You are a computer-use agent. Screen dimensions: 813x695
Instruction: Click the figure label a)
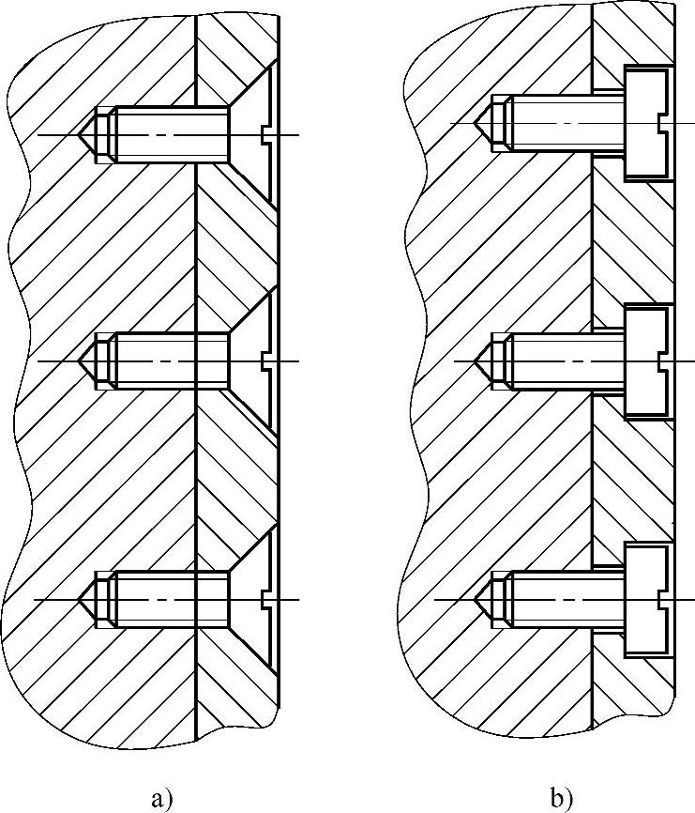pyautogui.click(x=161, y=799)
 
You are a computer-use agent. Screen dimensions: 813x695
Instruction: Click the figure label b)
pyautogui.click(x=562, y=799)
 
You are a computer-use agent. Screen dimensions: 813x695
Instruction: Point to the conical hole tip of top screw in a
pyautogui.click(x=86, y=135)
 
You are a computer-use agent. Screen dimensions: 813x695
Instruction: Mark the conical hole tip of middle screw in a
pyautogui.click(x=86, y=361)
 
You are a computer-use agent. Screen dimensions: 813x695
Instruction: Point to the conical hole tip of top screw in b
pyautogui.click(x=484, y=123)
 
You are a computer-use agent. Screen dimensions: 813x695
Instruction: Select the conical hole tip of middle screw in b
pyautogui.click(x=484, y=360)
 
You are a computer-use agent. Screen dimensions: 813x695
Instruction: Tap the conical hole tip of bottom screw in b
pyautogui.click(x=484, y=598)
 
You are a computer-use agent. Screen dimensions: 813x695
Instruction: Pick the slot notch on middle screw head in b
pyautogui.click(x=665, y=360)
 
